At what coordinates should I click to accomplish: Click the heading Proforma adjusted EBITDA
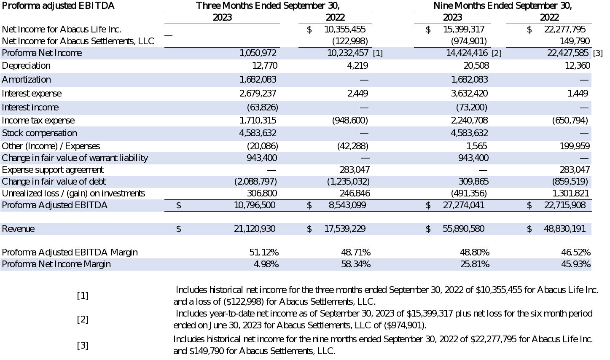coord(58,6)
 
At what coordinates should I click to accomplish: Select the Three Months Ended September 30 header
coord(268,6)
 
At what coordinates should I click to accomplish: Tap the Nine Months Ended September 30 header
coord(503,6)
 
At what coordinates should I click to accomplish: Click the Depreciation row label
coord(26,66)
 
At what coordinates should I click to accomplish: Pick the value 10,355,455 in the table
coord(345,30)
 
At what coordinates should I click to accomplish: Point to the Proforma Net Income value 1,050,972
coord(258,53)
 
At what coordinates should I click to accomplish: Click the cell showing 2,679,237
coord(258,94)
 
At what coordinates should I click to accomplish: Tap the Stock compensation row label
coord(39,133)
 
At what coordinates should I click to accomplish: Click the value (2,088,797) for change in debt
coord(255,182)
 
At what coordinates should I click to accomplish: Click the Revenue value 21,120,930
coord(254,229)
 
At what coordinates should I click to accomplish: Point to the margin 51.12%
coord(264,253)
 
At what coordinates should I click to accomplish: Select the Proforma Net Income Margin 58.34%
coord(356,264)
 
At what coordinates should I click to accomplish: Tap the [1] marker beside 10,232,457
coord(378,54)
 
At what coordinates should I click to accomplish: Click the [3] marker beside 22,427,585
coord(598,54)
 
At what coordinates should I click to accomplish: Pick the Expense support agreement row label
coord(53,170)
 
